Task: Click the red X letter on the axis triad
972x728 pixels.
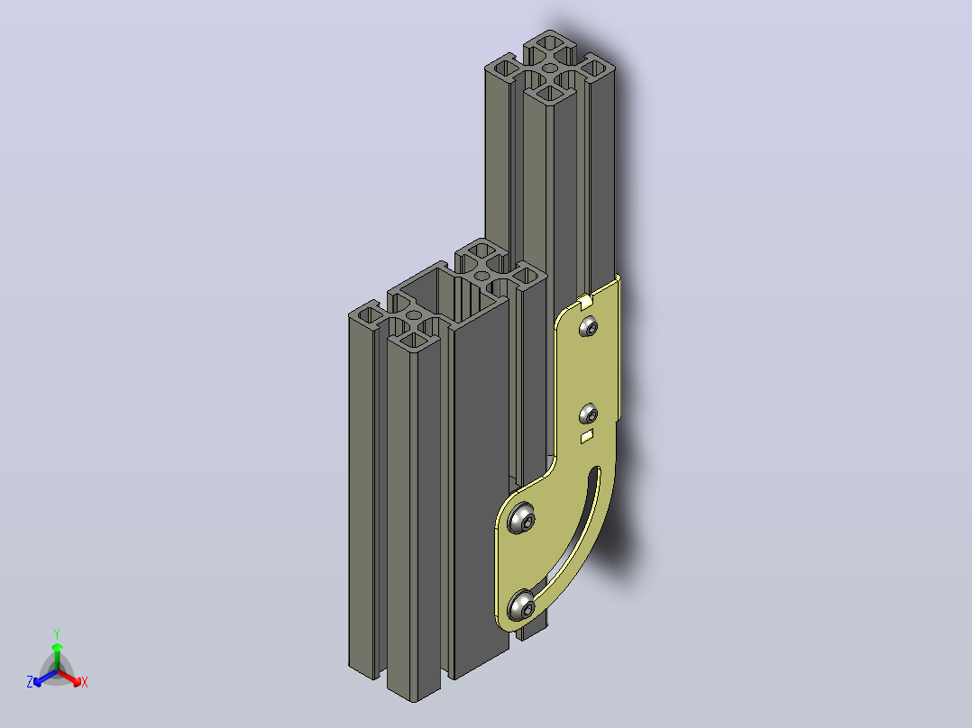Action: (x=85, y=682)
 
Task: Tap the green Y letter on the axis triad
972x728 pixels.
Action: (x=57, y=633)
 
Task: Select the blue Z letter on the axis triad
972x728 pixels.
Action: (x=30, y=682)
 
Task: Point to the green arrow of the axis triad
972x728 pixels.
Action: (x=57, y=656)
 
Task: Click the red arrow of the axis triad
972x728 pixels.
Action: (x=69, y=678)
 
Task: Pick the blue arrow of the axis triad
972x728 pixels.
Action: (x=45, y=678)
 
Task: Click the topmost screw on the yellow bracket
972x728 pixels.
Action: (x=589, y=326)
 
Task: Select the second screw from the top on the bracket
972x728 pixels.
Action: (x=588, y=414)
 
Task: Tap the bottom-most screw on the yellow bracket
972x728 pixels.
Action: (x=522, y=606)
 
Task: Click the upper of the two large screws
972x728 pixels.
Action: (x=521, y=518)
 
